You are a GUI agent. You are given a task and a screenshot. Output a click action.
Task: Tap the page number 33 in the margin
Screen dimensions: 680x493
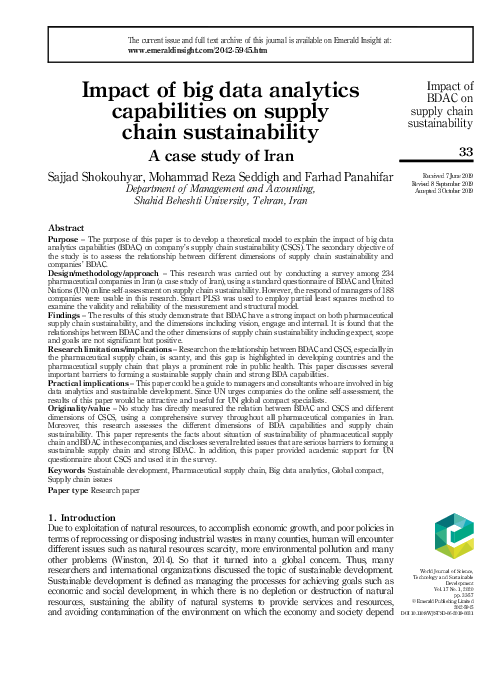point(464,151)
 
